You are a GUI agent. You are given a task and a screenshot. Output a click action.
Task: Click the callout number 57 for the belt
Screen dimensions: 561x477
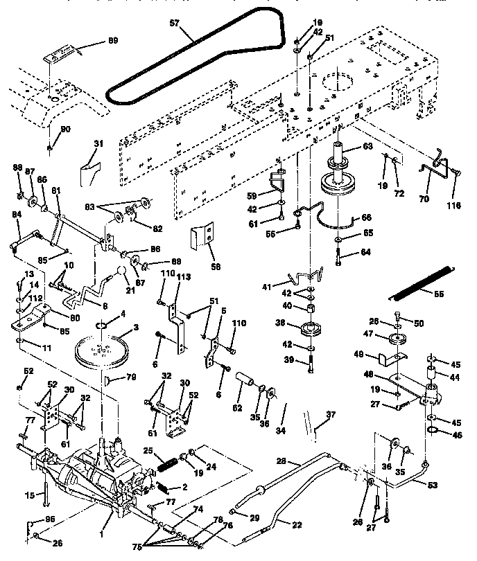[x=173, y=23]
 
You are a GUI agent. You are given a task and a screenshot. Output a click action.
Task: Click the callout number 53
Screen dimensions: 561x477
[x=432, y=486]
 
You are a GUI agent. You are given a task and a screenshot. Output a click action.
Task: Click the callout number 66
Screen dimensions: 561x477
[x=368, y=217]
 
